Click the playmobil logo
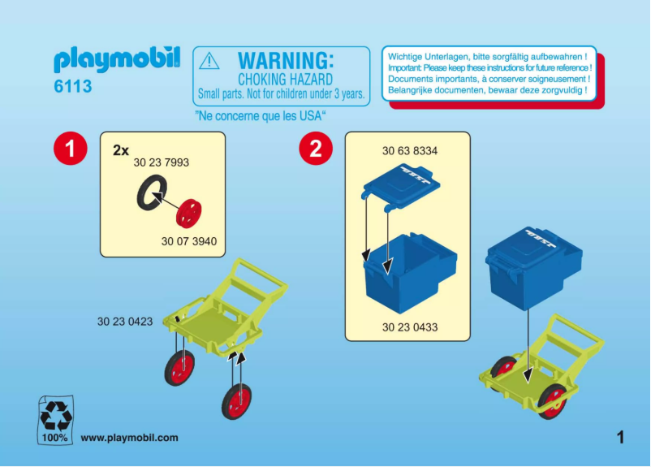pyautogui.click(x=117, y=60)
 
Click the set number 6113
pyautogui.click(x=73, y=86)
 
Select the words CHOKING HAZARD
pyautogui.click(x=284, y=79)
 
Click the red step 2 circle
pyautogui.click(x=315, y=149)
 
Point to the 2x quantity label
pyautogui.click(x=121, y=150)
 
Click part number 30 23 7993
pyautogui.click(x=161, y=163)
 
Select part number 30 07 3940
pyautogui.click(x=189, y=241)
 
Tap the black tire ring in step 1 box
pyautogui.click(x=150, y=195)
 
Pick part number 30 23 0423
pyautogui.click(x=125, y=322)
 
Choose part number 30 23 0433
pyautogui.click(x=410, y=327)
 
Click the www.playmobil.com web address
pyautogui.click(x=129, y=438)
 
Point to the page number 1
pyautogui.click(x=620, y=438)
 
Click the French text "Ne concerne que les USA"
pyautogui.click(x=261, y=115)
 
